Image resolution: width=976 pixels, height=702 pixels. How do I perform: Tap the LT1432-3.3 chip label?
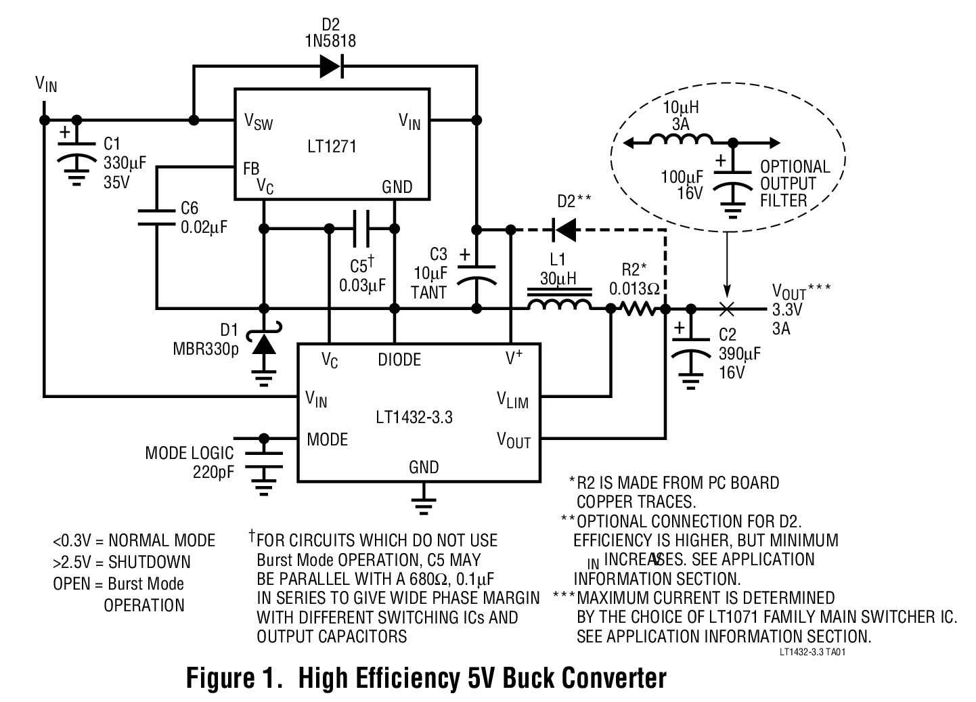click(x=414, y=417)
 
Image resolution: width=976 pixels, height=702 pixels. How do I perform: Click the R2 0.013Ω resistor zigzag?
click(x=637, y=309)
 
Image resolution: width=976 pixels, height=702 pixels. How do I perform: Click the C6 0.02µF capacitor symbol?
click(x=156, y=217)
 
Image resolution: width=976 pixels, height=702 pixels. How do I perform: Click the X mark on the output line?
click(x=727, y=309)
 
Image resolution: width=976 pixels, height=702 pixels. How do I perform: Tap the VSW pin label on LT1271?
click(x=258, y=122)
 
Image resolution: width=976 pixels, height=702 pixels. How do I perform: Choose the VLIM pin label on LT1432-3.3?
click(x=512, y=401)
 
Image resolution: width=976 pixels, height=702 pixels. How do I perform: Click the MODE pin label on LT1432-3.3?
click(x=327, y=439)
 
